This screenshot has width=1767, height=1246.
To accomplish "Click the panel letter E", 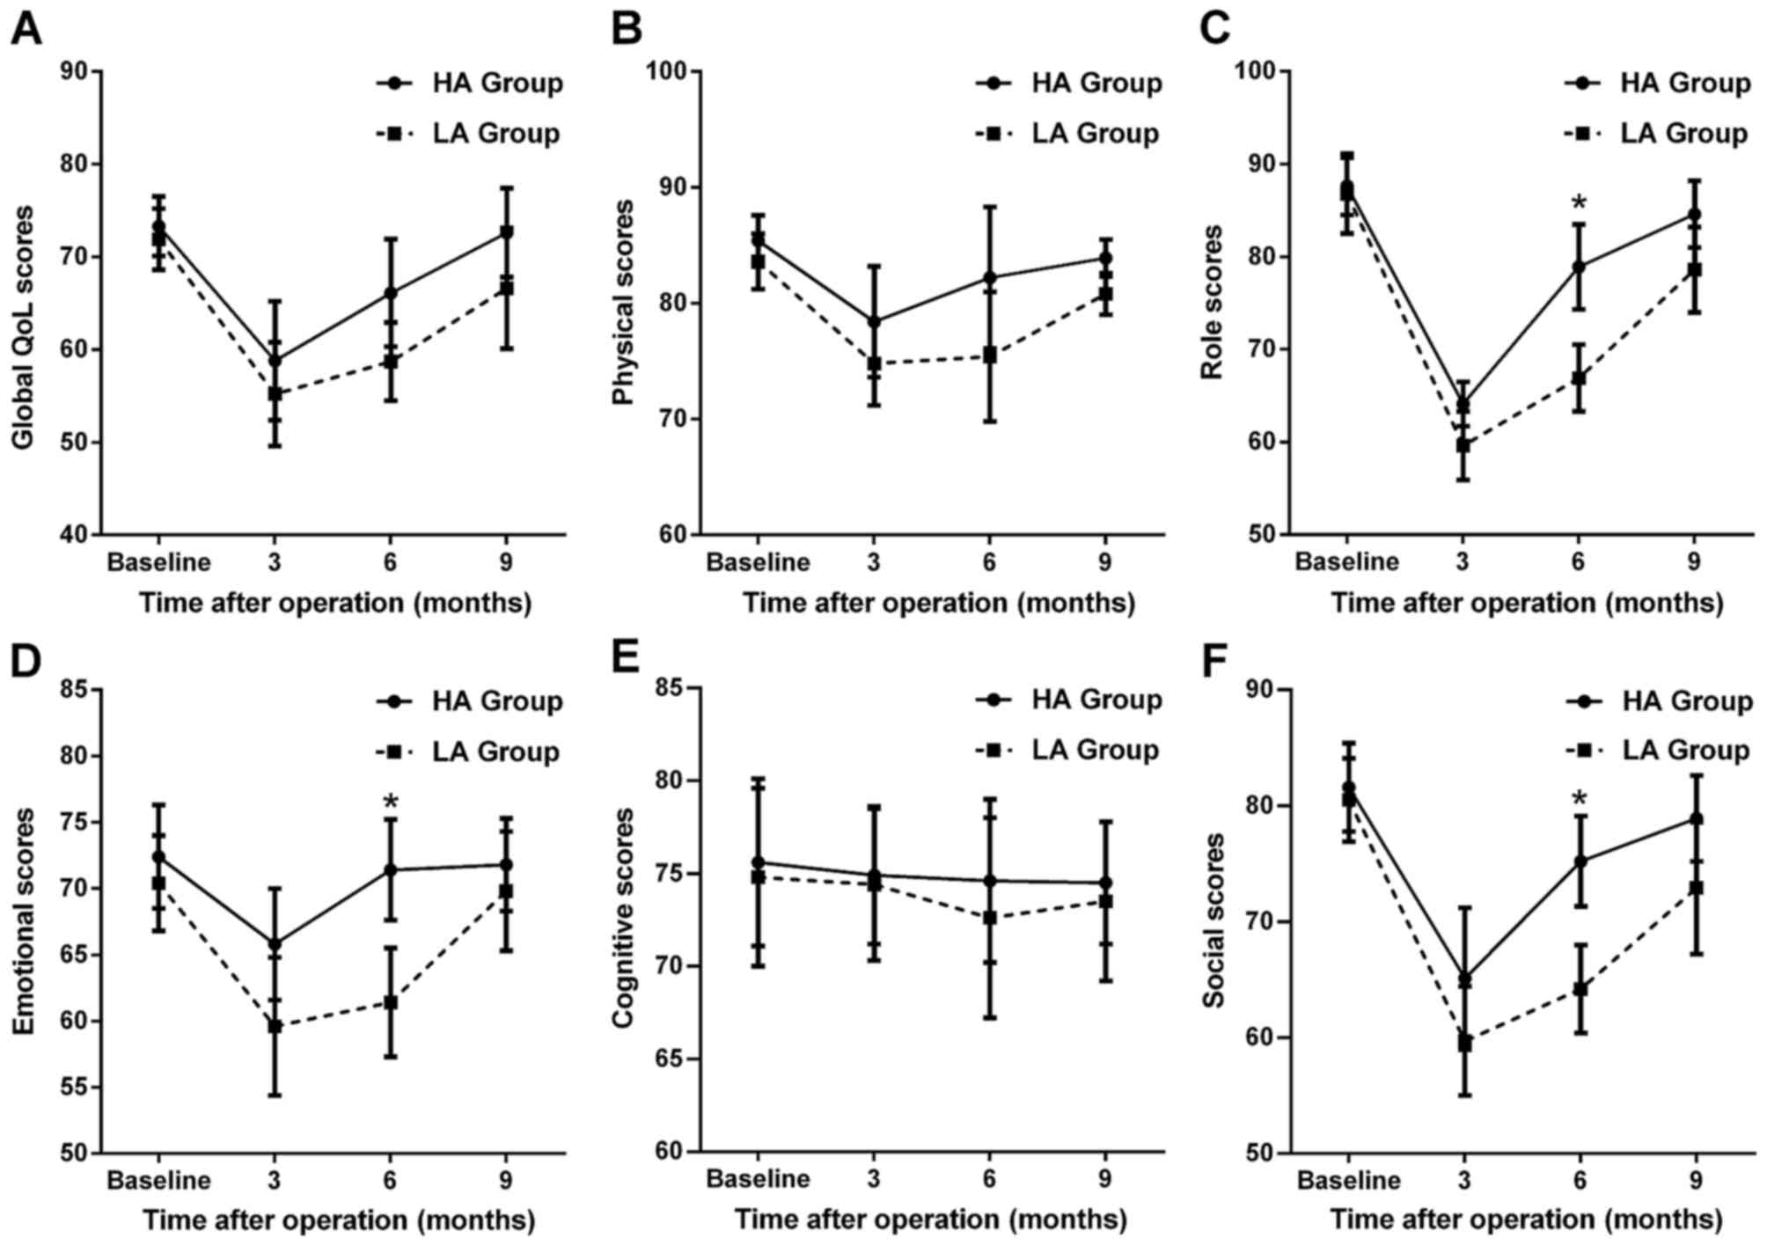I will [x=626, y=656].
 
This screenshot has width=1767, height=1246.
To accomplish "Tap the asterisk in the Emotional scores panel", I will [x=391, y=803].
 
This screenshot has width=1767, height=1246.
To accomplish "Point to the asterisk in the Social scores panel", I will [x=1580, y=800].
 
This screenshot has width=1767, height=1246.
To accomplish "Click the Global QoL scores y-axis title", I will [x=24, y=327].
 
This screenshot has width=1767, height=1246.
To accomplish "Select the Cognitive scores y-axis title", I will [x=623, y=919].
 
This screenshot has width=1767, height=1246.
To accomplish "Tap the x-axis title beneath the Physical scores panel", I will [x=938, y=604].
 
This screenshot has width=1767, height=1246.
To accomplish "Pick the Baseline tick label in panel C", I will [x=1346, y=562].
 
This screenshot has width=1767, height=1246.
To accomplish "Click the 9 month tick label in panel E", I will [x=1104, y=1178].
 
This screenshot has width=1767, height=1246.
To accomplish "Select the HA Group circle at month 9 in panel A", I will [x=506, y=232].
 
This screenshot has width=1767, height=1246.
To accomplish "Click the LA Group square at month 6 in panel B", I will [x=989, y=355].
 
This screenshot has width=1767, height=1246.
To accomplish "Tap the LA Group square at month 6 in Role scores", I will [x=1579, y=378].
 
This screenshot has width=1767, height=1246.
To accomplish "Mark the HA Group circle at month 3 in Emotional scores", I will [x=275, y=944].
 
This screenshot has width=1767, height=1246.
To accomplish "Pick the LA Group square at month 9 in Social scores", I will [x=1696, y=889].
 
